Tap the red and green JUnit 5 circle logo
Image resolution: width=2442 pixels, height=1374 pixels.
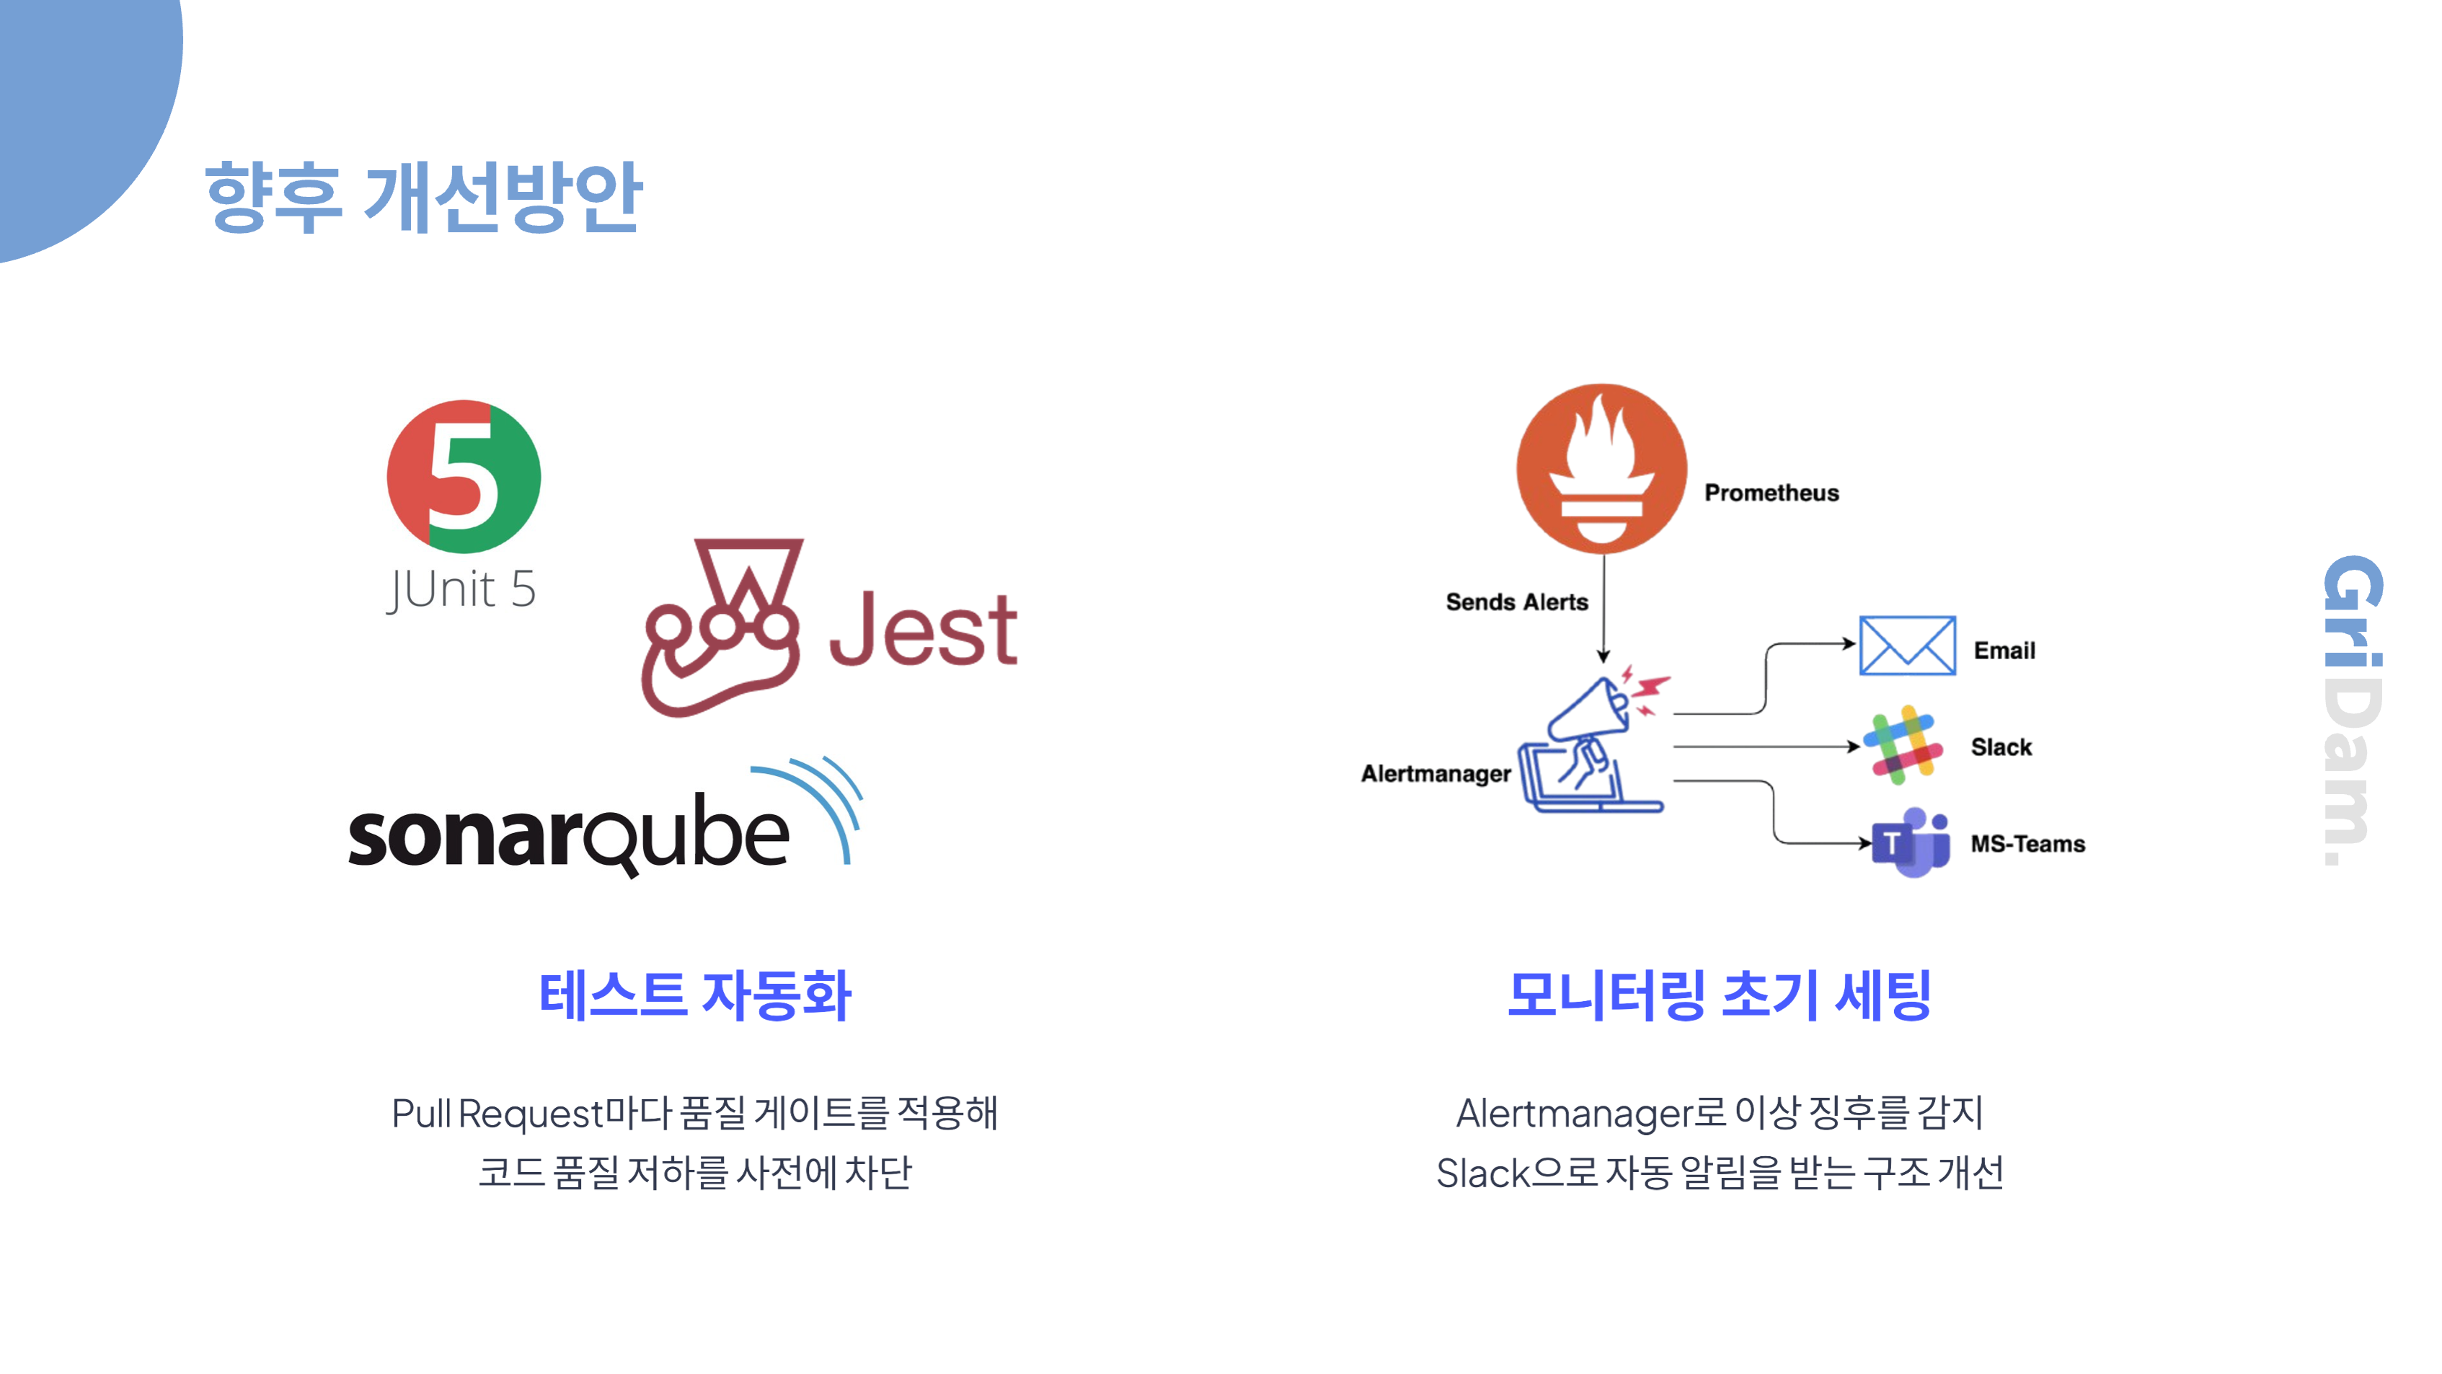coord(464,476)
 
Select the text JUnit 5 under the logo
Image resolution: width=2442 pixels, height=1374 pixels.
coord(461,590)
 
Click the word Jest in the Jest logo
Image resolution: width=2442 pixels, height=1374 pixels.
coord(922,630)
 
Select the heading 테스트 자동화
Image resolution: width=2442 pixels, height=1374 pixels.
coord(695,995)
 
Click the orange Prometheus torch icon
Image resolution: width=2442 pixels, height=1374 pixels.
coord(1601,468)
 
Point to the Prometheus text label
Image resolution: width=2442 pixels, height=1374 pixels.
coord(1771,493)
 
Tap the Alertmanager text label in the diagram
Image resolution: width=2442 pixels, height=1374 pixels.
coord(1435,774)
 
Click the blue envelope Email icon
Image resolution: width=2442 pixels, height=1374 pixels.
coord(1906,646)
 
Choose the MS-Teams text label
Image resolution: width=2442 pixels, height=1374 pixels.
coord(2027,844)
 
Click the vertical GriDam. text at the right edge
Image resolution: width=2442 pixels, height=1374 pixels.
coord(2352,711)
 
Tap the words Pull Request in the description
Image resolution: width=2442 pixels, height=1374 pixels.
coord(497,1113)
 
